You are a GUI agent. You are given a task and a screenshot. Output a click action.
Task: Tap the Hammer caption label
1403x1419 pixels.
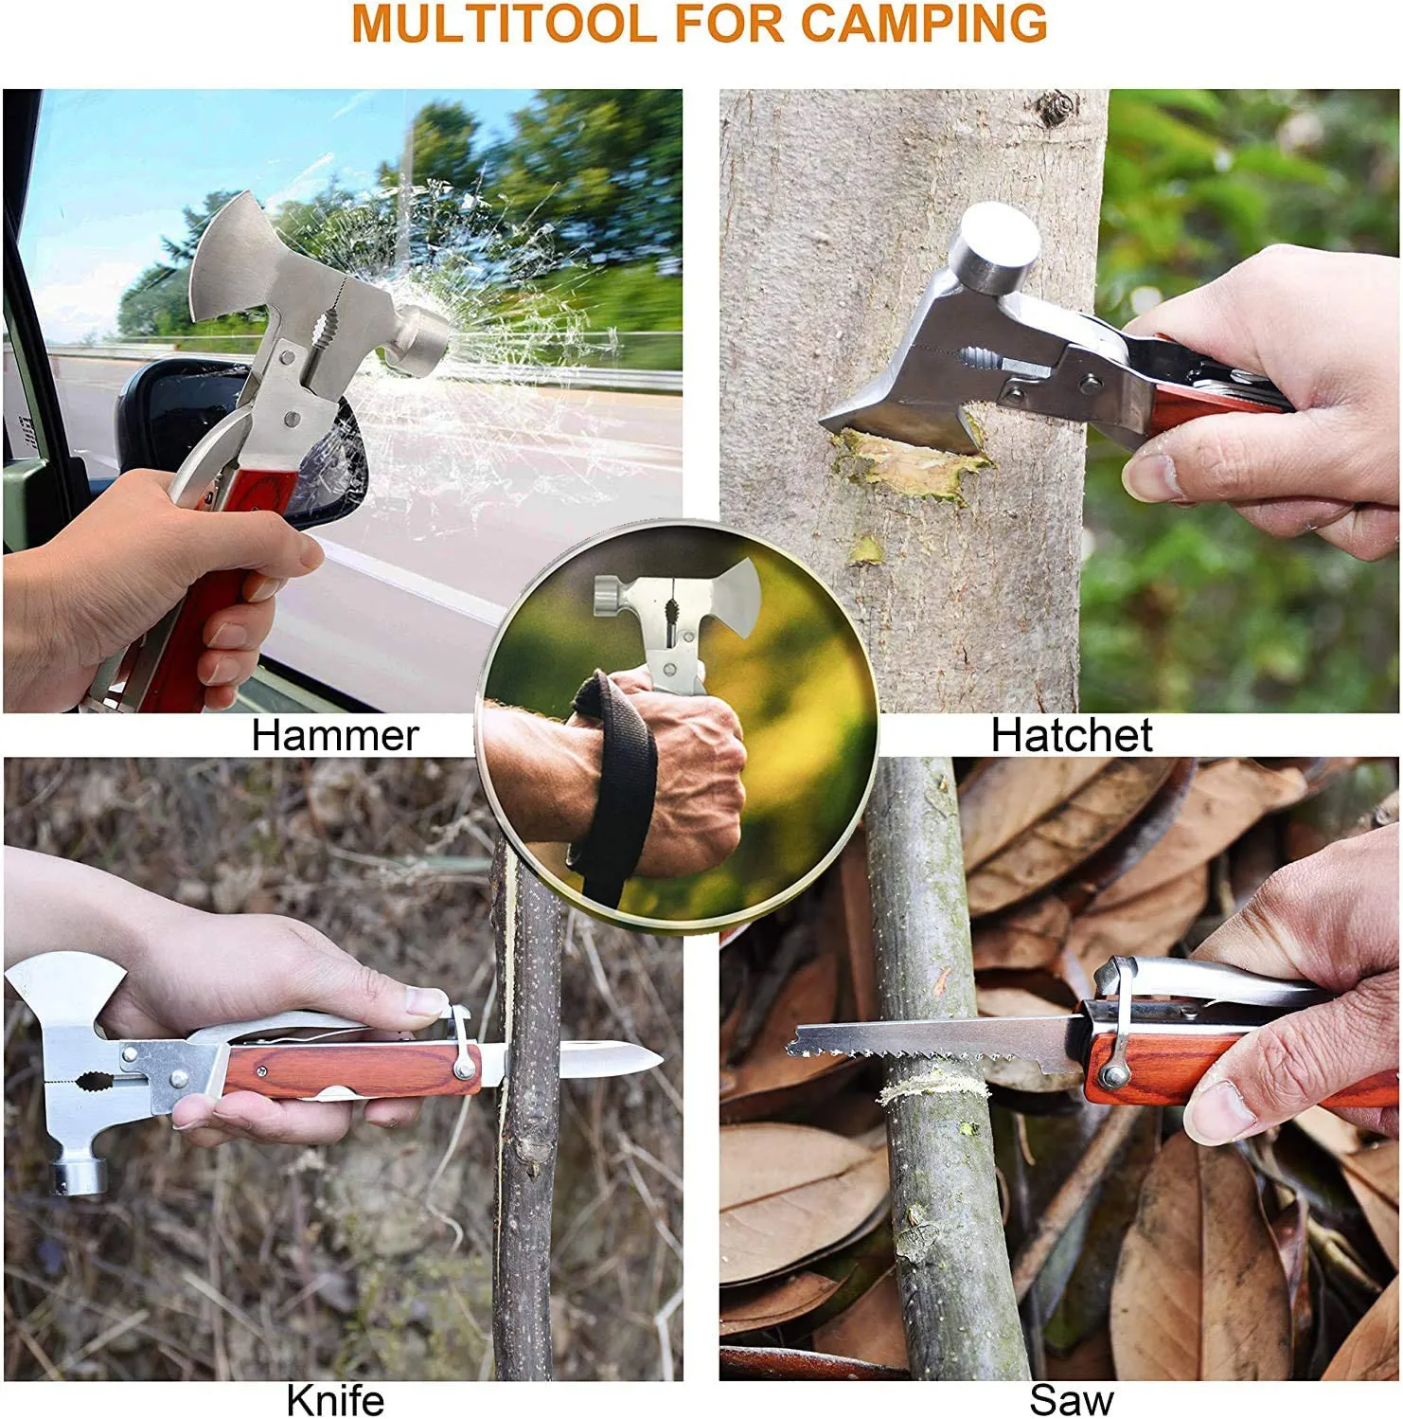tap(335, 736)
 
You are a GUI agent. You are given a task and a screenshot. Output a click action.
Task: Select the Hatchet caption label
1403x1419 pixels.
tap(1072, 736)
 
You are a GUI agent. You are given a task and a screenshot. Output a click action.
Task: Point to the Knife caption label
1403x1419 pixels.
tap(335, 1400)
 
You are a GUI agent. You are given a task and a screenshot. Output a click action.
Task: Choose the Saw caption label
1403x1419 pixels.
tap(1072, 1400)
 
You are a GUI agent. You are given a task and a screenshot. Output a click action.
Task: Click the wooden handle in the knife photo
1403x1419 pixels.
tap(350, 1070)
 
